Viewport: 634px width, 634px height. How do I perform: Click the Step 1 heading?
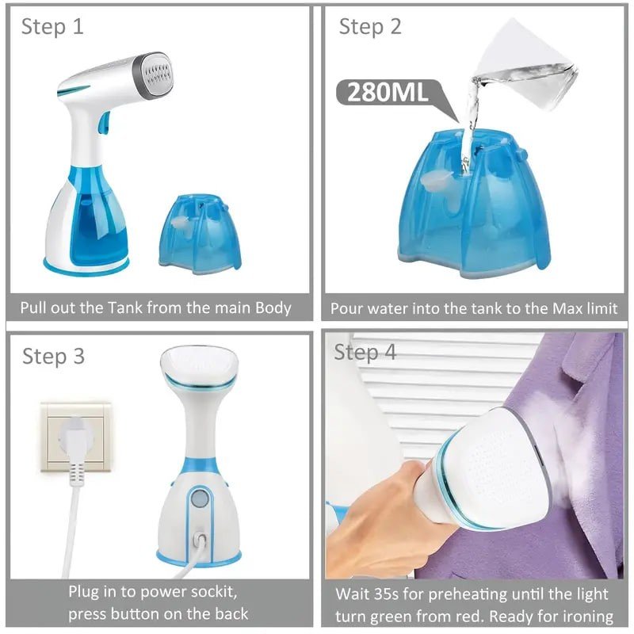(52, 27)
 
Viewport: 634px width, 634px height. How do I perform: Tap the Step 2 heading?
(370, 27)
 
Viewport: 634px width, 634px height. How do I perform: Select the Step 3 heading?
(53, 356)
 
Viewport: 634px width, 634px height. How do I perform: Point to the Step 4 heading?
(365, 352)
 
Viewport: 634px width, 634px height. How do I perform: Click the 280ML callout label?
(387, 92)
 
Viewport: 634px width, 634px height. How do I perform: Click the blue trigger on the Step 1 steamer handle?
(104, 123)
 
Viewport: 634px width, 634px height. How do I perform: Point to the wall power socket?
(76, 437)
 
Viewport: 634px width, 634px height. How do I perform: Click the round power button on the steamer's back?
(200, 498)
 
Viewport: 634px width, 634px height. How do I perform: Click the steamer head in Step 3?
(200, 368)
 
